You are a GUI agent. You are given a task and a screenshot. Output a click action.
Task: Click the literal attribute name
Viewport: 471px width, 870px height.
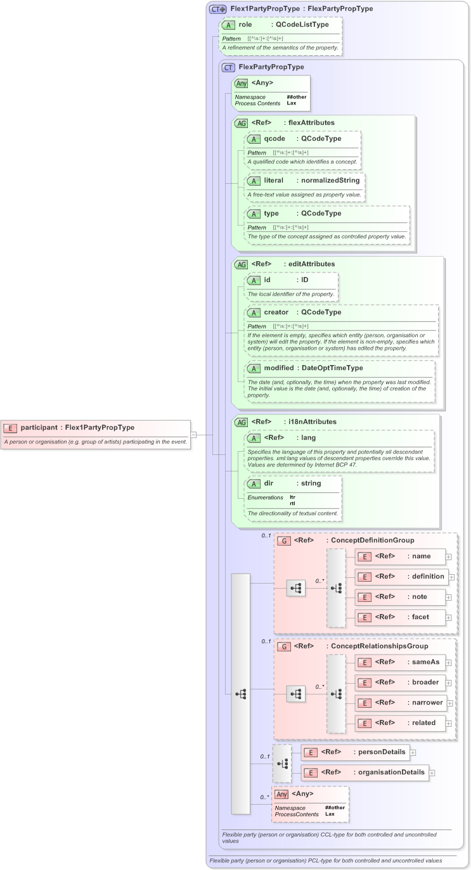(x=273, y=181)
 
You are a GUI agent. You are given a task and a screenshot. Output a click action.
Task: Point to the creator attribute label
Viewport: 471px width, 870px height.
(x=276, y=312)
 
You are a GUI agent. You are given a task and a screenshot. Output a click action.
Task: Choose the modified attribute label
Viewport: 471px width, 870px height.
(x=279, y=368)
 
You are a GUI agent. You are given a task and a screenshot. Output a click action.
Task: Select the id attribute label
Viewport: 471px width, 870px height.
(x=268, y=279)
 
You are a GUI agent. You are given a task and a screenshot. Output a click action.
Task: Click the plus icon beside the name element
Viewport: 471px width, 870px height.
(x=449, y=556)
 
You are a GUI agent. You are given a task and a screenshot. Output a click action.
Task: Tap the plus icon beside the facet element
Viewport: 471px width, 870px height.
(x=449, y=617)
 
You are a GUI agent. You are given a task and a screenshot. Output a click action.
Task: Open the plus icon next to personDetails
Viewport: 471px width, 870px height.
(x=413, y=752)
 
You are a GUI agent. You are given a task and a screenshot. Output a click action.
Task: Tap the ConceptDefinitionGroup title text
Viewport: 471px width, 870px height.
(x=370, y=541)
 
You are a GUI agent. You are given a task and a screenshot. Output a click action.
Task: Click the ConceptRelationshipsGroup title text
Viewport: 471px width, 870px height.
(x=377, y=646)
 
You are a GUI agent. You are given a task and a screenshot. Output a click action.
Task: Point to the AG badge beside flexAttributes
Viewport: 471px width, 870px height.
(x=241, y=123)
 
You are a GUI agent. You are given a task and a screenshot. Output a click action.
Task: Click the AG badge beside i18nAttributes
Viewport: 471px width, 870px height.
(x=241, y=421)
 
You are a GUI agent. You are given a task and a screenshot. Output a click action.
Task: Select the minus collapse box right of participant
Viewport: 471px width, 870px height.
(x=194, y=435)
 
